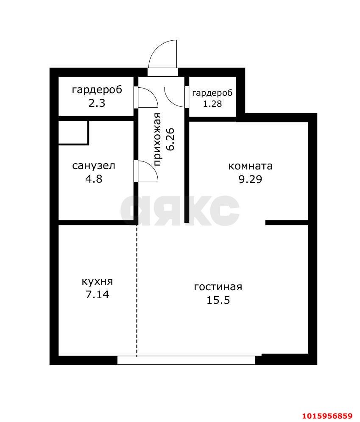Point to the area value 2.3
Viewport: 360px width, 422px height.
click(97, 103)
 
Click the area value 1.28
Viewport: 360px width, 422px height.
click(212, 103)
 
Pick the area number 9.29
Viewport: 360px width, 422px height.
click(250, 179)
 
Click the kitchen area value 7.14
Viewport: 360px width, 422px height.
click(97, 294)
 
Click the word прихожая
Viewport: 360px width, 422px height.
click(158, 140)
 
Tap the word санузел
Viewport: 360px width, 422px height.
click(94, 166)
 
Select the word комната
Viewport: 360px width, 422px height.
click(250, 166)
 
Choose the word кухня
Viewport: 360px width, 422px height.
click(97, 282)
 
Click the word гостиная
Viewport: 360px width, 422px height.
click(218, 287)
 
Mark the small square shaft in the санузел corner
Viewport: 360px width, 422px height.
click(73, 132)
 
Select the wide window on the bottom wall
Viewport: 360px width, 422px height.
click(186, 360)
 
